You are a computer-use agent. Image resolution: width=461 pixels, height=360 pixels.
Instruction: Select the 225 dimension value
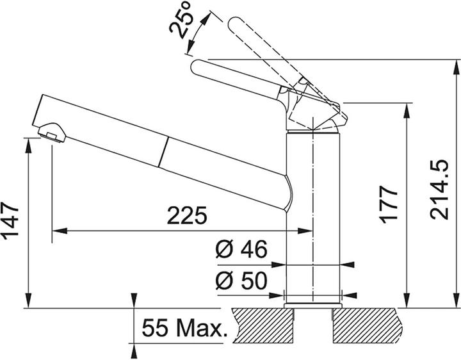[x=187, y=216]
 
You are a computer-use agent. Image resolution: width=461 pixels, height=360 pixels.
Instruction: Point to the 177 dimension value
[x=389, y=206]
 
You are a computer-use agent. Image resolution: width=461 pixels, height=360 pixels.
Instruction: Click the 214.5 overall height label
[x=440, y=191]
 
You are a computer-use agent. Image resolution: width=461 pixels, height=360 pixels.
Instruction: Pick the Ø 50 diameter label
[x=240, y=281]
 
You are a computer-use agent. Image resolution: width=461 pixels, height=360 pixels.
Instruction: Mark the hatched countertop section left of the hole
[x=263, y=325]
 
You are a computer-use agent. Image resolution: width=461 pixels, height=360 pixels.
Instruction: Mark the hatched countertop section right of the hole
[x=368, y=325]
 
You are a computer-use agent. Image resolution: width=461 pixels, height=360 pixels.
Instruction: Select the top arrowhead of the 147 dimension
[x=29, y=142]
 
